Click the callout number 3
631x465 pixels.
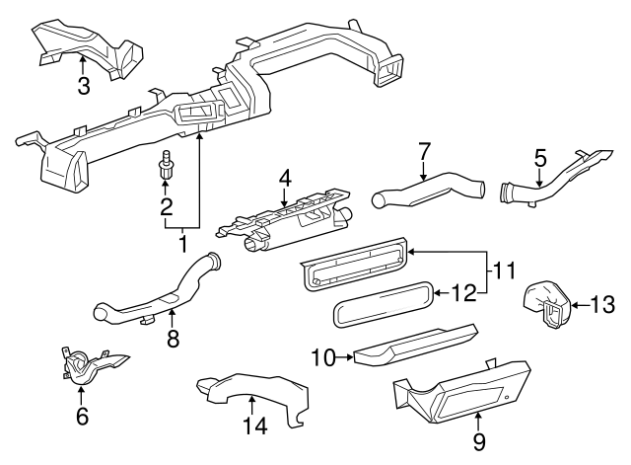pyautogui.click(x=84, y=86)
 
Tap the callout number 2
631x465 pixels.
pyautogui.click(x=167, y=206)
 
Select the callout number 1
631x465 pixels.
pyautogui.click(x=182, y=241)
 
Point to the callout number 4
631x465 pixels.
pyautogui.click(x=285, y=179)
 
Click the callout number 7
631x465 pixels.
pyautogui.click(x=424, y=153)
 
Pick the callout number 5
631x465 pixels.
pyautogui.click(x=540, y=157)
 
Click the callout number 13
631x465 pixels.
pyautogui.click(x=602, y=306)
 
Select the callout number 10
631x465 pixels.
pyautogui.click(x=322, y=356)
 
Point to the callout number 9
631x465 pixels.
pyautogui.click(x=479, y=441)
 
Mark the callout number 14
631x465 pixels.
pyautogui.click(x=254, y=426)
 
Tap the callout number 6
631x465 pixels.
pyautogui.click(x=82, y=416)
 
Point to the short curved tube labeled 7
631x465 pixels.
pyautogui.click(x=429, y=190)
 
